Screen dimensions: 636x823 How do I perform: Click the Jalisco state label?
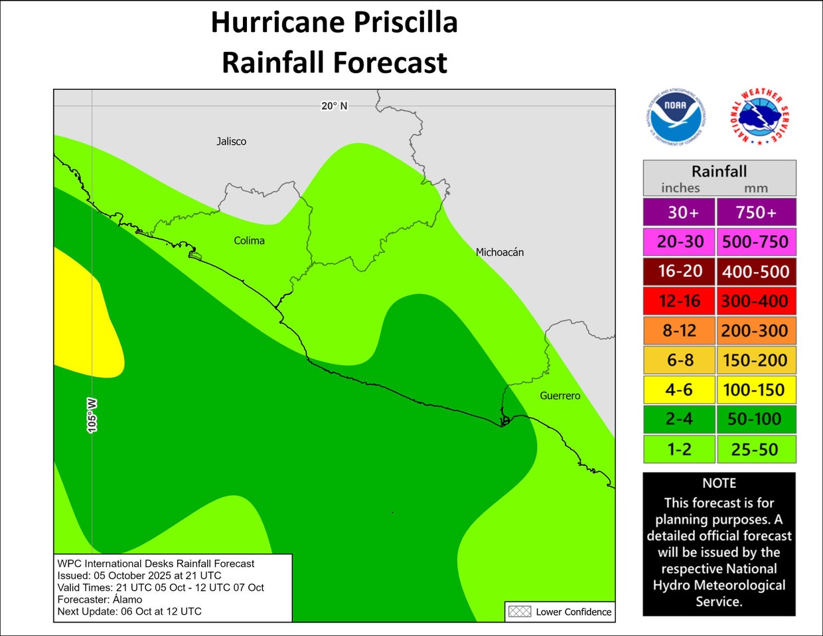(x=231, y=141)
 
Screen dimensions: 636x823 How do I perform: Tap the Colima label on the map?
(x=249, y=240)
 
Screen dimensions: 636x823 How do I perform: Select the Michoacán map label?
(x=500, y=252)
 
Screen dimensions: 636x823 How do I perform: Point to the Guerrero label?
(x=560, y=396)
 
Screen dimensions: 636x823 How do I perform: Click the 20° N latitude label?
(x=334, y=106)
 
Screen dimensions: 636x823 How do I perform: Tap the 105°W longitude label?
(x=92, y=416)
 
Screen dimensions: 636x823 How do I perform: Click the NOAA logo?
(x=675, y=116)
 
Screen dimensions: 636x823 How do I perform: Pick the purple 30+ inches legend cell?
(x=679, y=212)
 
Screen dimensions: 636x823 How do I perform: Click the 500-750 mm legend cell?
(x=755, y=242)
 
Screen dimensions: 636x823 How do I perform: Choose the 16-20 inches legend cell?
(x=679, y=272)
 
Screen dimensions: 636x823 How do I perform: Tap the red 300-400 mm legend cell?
(x=755, y=301)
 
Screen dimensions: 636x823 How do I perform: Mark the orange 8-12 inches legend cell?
(x=679, y=331)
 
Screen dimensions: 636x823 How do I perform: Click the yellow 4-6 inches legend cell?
(x=679, y=390)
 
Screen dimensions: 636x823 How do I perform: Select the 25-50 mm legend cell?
(x=755, y=449)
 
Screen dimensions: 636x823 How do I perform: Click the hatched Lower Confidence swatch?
(x=519, y=611)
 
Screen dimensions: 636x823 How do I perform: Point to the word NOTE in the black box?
(x=719, y=483)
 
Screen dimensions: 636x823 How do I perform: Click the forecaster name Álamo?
(x=127, y=599)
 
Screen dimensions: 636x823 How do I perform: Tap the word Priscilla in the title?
(x=405, y=22)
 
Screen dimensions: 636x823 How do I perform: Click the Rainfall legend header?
(x=719, y=172)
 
